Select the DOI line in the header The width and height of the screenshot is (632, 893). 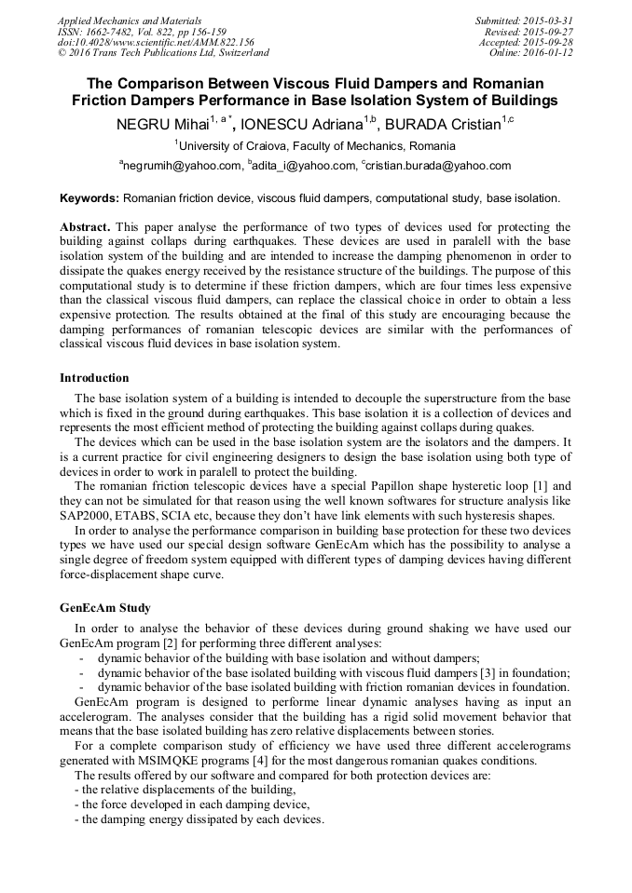(156, 42)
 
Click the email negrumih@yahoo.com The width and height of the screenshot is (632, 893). (183, 166)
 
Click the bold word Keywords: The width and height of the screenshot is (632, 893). (89, 198)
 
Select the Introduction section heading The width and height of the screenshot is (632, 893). (94, 378)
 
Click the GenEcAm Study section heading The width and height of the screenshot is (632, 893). (105, 608)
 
